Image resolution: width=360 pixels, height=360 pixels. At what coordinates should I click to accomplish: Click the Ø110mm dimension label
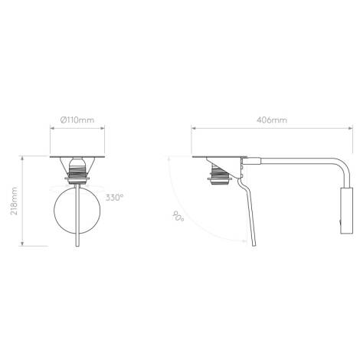(77, 120)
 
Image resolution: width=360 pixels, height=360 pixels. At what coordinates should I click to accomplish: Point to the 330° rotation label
(115, 197)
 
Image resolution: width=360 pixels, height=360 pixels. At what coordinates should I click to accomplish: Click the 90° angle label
(178, 218)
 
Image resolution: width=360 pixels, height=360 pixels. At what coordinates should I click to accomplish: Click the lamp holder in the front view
(77, 170)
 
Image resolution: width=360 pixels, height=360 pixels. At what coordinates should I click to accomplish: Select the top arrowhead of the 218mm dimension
(24, 158)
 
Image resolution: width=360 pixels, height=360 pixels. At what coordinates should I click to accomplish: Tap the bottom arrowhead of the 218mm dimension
(24, 244)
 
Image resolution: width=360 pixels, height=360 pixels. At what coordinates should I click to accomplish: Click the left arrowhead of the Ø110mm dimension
(53, 129)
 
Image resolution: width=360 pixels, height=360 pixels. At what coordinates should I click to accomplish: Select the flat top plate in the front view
(77, 155)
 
